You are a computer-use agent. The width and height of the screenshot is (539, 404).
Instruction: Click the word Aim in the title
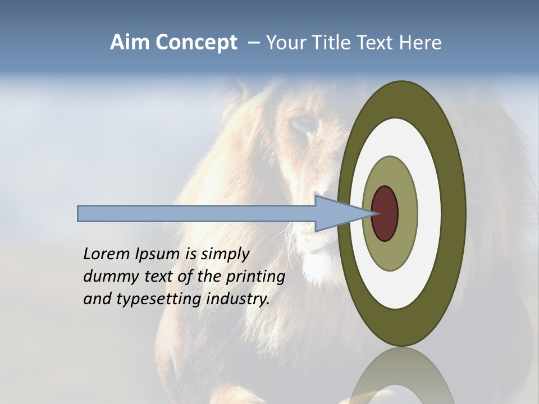130,43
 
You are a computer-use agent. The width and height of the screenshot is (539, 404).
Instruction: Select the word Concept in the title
197,43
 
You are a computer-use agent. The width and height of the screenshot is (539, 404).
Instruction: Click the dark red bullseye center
385,214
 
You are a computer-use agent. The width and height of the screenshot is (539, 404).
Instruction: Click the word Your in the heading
284,43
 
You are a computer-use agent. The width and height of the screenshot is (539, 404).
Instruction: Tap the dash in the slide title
253,43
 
